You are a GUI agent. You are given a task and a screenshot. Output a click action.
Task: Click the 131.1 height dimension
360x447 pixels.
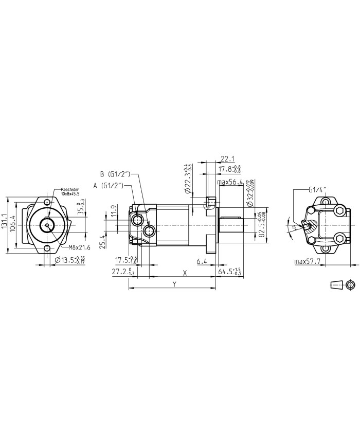(x=5, y=224)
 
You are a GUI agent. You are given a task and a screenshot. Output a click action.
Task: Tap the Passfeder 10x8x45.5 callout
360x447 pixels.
(x=70, y=192)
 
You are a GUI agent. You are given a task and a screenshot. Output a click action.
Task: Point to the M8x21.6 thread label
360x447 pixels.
(x=80, y=248)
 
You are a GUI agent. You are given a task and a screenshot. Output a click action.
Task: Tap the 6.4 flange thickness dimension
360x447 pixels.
(x=202, y=262)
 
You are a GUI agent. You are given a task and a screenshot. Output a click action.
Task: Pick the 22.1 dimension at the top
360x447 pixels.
(x=228, y=158)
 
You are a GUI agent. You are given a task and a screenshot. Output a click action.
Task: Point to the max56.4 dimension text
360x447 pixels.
(x=230, y=182)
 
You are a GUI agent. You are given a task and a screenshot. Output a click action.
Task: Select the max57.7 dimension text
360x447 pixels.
(x=308, y=262)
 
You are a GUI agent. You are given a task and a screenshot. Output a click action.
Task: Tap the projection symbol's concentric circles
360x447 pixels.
(x=351, y=285)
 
